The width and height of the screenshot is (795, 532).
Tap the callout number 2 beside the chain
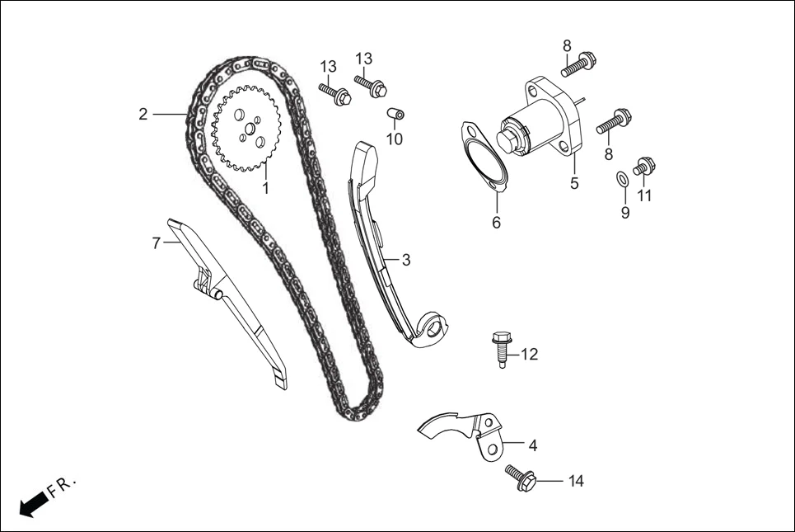pos(143,114)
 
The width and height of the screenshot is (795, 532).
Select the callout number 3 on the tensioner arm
pos(405,260)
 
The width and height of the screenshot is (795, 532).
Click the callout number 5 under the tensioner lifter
pos(574,184)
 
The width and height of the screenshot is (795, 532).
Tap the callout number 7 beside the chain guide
pos(156,243)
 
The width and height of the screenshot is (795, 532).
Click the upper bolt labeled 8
pos(578,64)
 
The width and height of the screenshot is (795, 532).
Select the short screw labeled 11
pos(644,167)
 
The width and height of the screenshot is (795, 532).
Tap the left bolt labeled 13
pos(334,93)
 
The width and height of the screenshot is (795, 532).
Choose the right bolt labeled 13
pos(371,85)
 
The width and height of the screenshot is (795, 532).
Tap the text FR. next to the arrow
pos(62,485)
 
